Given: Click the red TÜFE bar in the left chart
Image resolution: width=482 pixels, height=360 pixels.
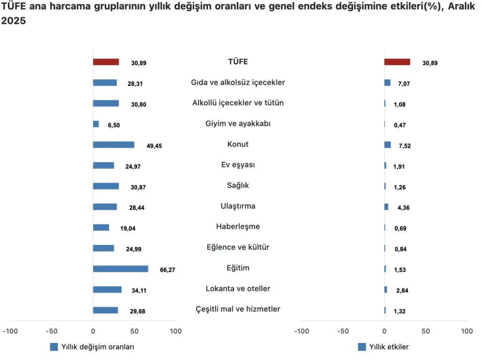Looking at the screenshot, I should click(105, 62).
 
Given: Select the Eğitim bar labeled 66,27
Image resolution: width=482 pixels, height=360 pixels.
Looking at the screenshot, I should click(120, 269).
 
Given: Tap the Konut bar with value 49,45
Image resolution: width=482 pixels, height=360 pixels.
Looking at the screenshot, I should click(113, 145).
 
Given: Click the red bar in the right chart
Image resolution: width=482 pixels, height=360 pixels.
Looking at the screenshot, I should click(397, 62).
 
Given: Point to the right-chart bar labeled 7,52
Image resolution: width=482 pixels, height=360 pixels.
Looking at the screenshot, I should click(387, 145).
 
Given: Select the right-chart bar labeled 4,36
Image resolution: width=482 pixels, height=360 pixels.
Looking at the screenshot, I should click(386, 207).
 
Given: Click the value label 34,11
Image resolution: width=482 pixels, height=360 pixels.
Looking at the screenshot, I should click(139, 291).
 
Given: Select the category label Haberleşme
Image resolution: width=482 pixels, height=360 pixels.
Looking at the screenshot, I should click(238, 227).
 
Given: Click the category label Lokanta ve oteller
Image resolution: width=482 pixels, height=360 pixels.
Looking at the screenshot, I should click(238, 288).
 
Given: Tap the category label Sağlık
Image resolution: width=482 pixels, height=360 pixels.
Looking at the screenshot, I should click(238, 185).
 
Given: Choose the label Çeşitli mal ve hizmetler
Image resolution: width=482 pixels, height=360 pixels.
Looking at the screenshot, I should click(238, 309).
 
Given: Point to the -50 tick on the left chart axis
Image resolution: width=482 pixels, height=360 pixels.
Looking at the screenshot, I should click(51, 331).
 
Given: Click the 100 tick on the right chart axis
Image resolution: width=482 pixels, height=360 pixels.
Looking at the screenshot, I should click(466, 331).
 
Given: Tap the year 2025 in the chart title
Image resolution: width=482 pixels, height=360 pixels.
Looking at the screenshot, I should click(13, 22).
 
